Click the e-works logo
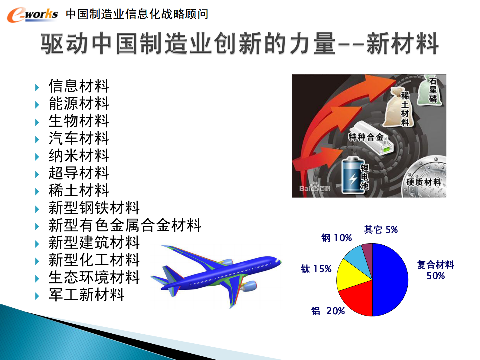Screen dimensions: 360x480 32,15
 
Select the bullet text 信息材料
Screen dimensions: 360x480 79,86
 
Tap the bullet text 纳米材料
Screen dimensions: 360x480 79,155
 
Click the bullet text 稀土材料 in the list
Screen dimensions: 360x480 79,190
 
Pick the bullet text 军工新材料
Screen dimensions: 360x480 87,295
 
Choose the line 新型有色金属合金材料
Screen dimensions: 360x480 125,225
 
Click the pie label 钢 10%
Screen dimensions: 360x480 336,238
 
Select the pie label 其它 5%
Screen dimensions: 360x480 380,230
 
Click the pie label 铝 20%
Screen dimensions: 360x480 328,311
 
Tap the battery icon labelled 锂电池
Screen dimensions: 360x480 352,175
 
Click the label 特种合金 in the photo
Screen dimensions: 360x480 366,137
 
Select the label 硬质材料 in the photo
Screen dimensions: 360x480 423,182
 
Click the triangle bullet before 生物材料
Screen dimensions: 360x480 37,122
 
